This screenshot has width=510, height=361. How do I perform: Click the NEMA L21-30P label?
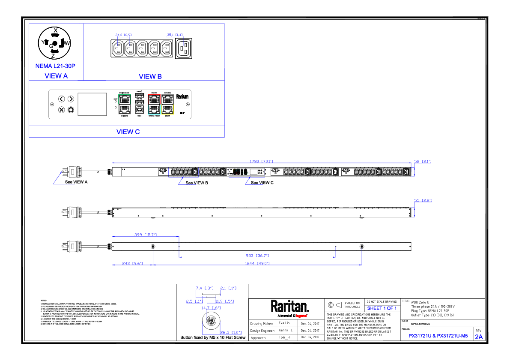click(x=55, y=66)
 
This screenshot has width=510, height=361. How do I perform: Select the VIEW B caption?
click(x=150, y=76)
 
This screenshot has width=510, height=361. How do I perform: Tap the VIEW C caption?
click(x=128, y=132)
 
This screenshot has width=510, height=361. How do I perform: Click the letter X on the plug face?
click(x=55, y=30)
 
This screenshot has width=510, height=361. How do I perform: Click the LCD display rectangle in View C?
click(x=92, y=104)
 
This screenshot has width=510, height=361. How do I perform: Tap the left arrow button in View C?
click(x=62, y=99)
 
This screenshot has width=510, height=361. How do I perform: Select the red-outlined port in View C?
click(x=154, y=99)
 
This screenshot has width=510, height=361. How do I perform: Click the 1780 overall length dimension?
click(x=261, y=162)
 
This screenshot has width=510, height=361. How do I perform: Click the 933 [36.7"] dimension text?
click(x=257, y=256)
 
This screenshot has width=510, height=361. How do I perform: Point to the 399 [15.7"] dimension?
click(x=146, y=235)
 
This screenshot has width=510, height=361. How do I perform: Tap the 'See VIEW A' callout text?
click(x=76, y=182)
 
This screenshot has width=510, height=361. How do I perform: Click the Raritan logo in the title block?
click(x=289, y=307)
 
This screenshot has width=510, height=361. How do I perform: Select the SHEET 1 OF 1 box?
click(x=382, y=308)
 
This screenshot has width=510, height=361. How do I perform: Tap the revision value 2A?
click(x=479, y=337)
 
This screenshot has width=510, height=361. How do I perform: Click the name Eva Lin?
click(x=284, y=323)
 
